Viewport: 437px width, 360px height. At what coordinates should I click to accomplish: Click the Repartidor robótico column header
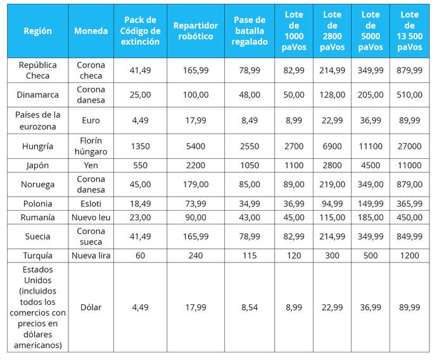point(196,31)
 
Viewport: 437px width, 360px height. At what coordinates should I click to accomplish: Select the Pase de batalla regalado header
point(250,31)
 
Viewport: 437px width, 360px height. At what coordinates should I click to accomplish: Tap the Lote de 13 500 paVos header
point(409,31)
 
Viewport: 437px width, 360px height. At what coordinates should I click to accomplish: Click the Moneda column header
point(91,31)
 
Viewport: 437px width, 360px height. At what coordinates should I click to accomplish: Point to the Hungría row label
point(37,146)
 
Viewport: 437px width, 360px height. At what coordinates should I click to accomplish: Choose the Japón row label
point(37,165)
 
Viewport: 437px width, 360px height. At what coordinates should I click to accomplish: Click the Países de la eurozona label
point(37,121)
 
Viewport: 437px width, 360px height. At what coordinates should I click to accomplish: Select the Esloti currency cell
point(91,204)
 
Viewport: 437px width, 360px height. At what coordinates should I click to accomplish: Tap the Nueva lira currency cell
point(91,256)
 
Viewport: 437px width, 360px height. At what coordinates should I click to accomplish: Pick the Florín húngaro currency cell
point(91,146)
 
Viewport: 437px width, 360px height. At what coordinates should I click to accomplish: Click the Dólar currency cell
point(91,307)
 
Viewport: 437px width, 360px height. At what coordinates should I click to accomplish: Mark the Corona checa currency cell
point(91,70)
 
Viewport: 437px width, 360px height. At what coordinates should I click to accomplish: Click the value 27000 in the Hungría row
point(409,146)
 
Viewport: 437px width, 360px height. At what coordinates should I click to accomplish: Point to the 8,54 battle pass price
point(250,307)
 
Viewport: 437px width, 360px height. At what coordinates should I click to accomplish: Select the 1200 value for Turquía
point(409,256)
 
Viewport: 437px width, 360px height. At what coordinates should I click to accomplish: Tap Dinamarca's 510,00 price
point(409,95)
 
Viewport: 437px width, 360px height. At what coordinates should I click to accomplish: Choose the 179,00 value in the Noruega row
point(196,184)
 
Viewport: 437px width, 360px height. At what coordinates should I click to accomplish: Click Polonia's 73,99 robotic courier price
point(196,204)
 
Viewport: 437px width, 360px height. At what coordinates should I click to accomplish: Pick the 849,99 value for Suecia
point(409,237)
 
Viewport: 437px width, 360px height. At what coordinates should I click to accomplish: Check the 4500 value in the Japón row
point(370,165)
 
